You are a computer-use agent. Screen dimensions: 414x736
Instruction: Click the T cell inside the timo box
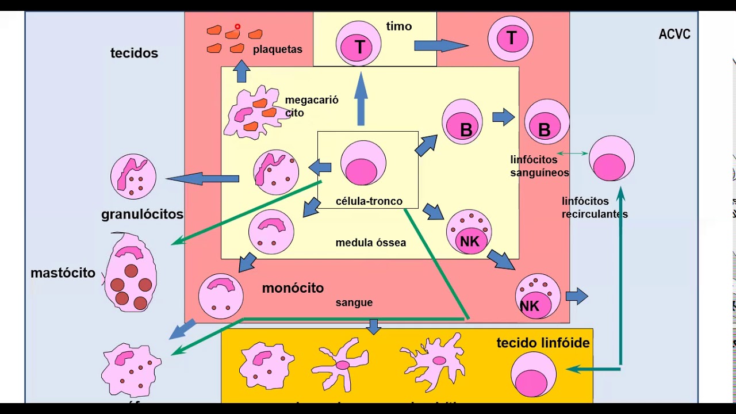click(358, 44)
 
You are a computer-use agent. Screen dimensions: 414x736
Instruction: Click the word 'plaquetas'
click(277, 49)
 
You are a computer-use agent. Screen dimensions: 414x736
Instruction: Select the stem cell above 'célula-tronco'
click(363, 163)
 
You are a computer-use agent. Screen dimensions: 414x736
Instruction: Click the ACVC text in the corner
click(674, 34)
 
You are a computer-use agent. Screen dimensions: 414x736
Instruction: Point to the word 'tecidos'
click(134, 53)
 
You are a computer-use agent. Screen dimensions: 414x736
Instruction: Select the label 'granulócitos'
click(142, 214)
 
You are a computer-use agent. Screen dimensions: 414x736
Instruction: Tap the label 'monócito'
click(293, 288)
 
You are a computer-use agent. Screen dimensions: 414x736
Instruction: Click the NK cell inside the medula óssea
click(469, 232)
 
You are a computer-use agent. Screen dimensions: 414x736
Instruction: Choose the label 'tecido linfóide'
click(543, 343)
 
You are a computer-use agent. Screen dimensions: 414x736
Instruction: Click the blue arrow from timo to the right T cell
click(440, 45)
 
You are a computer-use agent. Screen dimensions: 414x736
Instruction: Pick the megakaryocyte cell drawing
click(252, 113)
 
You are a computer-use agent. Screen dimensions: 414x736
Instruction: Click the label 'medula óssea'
click(370, 243)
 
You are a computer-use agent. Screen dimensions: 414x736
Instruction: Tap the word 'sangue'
click(354, 302)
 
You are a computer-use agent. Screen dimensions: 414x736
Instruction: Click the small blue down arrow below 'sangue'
click(374, 327)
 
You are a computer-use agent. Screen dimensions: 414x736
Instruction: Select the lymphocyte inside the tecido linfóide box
click(533, 375)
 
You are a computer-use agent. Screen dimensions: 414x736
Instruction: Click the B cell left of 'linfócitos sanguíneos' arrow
click(462, 121)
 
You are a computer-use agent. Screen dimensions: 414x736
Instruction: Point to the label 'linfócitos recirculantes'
click(594, 208)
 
